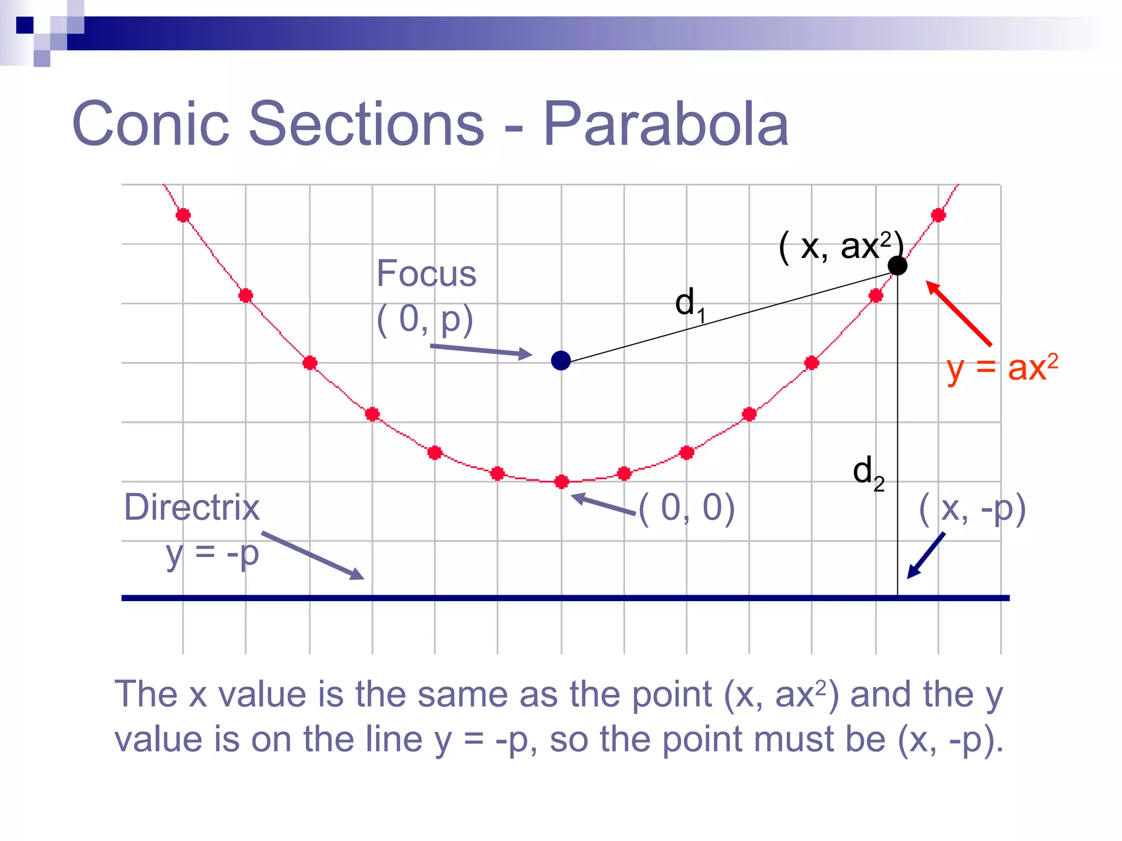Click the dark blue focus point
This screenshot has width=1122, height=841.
(x=560, y=361)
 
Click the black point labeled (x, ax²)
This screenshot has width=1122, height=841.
(x=897, y=266)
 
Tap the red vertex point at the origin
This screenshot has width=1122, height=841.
(x=561, y=482)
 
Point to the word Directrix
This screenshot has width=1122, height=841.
(x=192, y=507)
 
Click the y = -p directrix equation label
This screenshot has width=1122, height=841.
(x=213, y=554)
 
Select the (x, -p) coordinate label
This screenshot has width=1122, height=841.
(x=972, y=509)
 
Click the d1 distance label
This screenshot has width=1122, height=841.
(x=689, y=304)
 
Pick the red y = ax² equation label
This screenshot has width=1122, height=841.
(x=1002, y=368)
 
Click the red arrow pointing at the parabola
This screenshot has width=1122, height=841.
(x=959, y=313)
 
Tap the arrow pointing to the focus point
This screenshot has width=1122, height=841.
(x=481, y=350)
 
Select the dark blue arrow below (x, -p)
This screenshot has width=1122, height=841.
(x=926, y=555)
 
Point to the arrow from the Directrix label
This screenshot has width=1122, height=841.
(x=312, y=555)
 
